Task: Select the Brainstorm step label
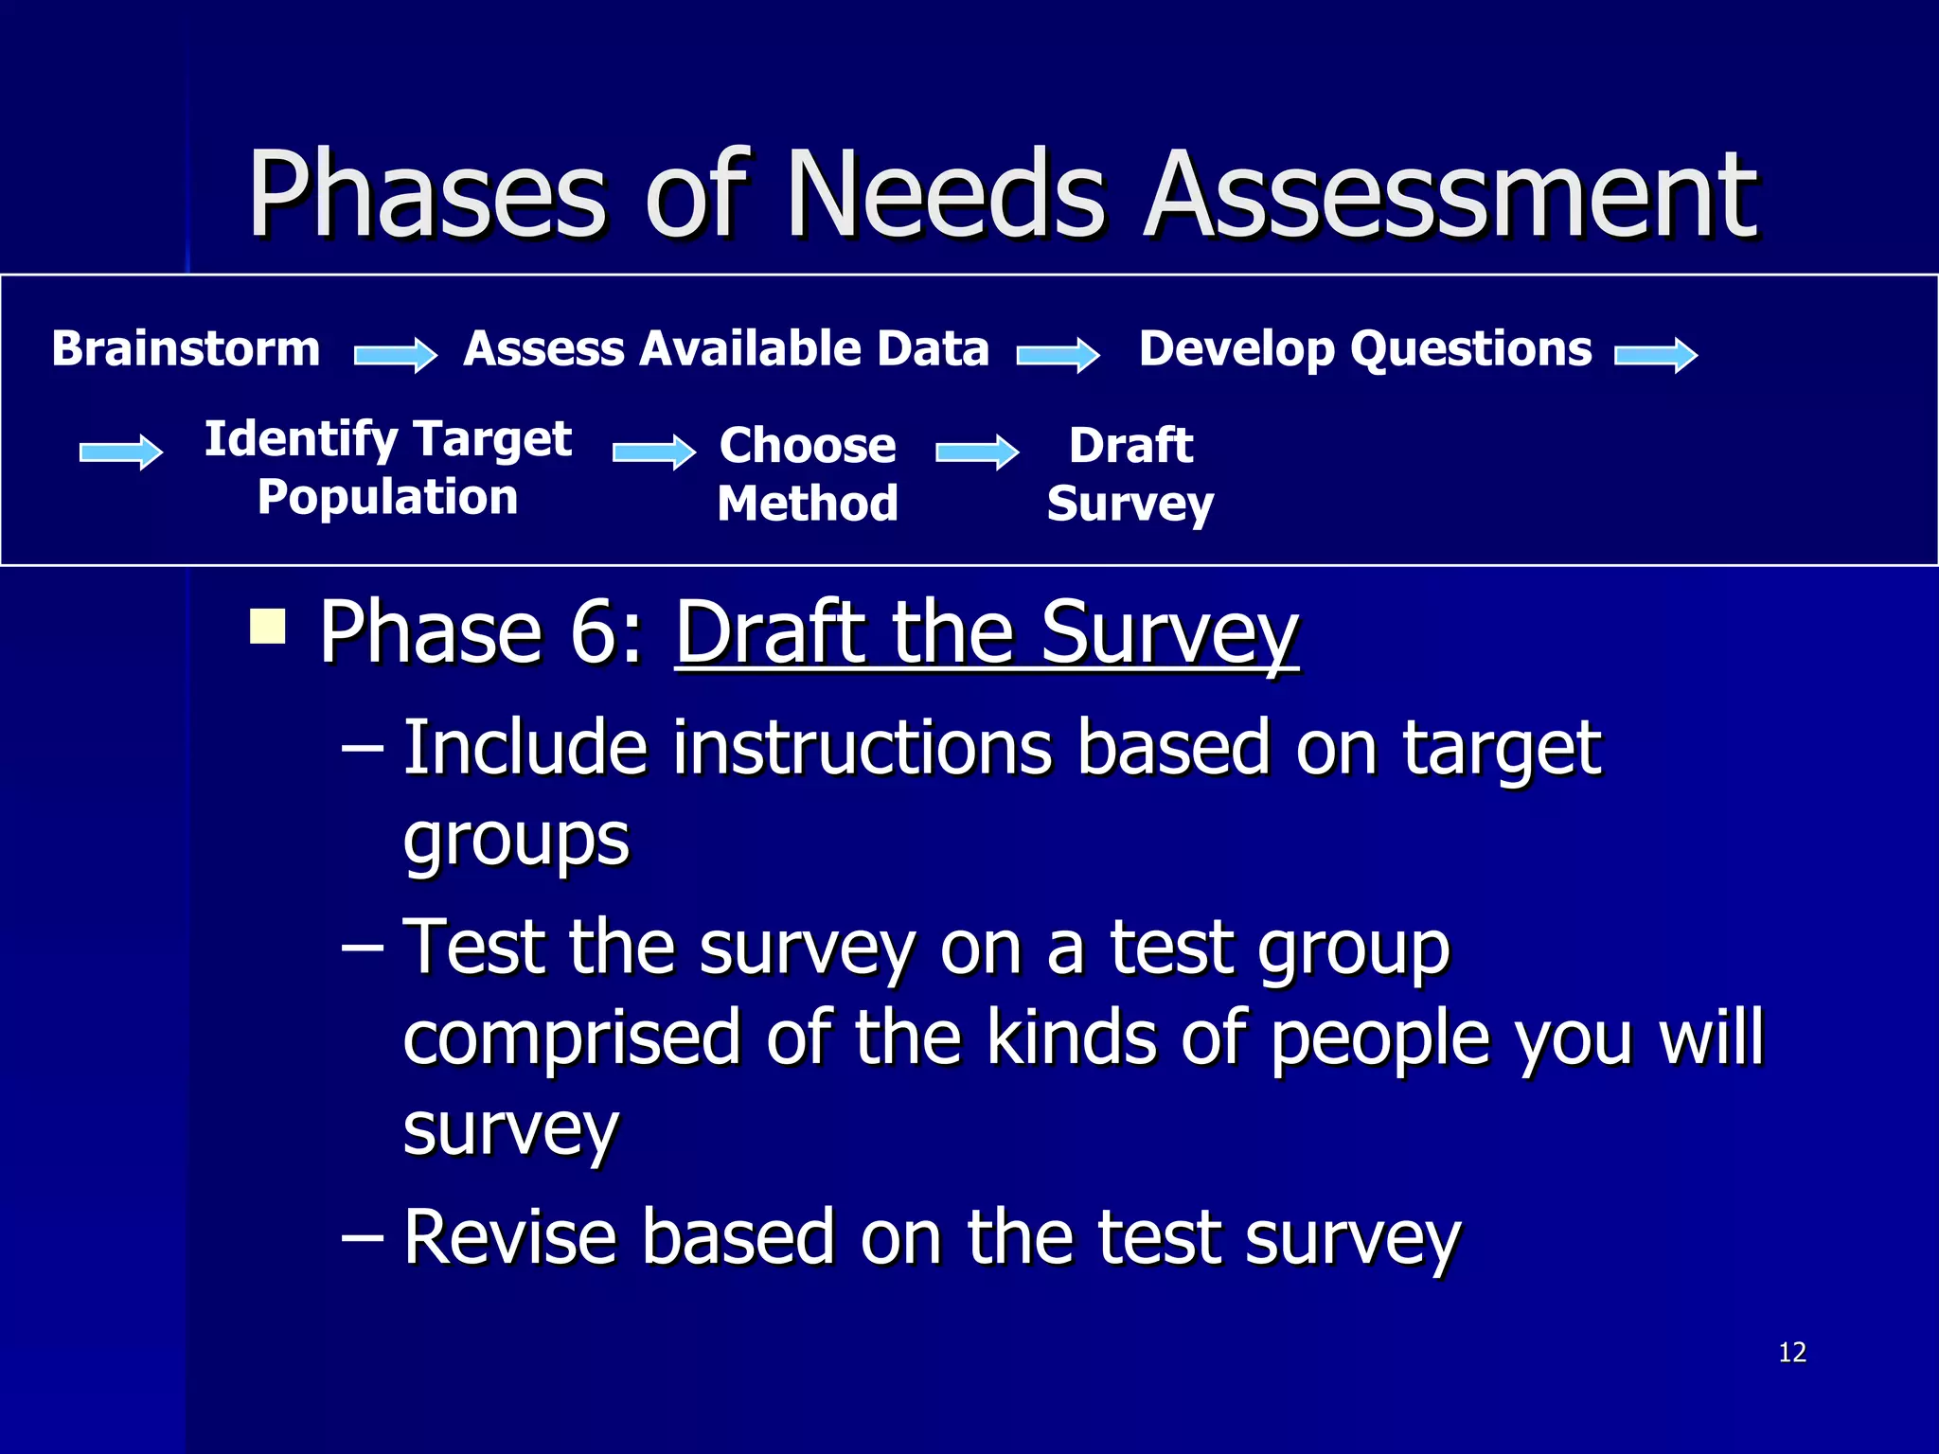(x=187, y=348)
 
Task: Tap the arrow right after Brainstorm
(x=396, y=355)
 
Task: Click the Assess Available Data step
(x=726, y=348)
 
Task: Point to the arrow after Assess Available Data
(x=1058, y=355)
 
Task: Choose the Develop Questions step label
(x=1365, y=348)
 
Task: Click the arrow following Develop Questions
(x=1656, y=355)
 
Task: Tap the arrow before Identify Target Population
(x=121, y=452)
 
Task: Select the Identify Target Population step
(x=388, y=468)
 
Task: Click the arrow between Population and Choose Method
(x=654, y=452)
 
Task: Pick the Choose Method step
(x=808, y=473)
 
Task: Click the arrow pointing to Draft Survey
(x=977, y=452)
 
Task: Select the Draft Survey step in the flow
(x=1130, y=473)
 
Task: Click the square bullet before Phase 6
(x=268, y=626)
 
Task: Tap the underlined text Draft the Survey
(x=987, y=632)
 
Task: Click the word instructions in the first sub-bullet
(x=863, y=748)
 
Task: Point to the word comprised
(x=571, y=1037)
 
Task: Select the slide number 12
(x=1792, y=1352)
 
